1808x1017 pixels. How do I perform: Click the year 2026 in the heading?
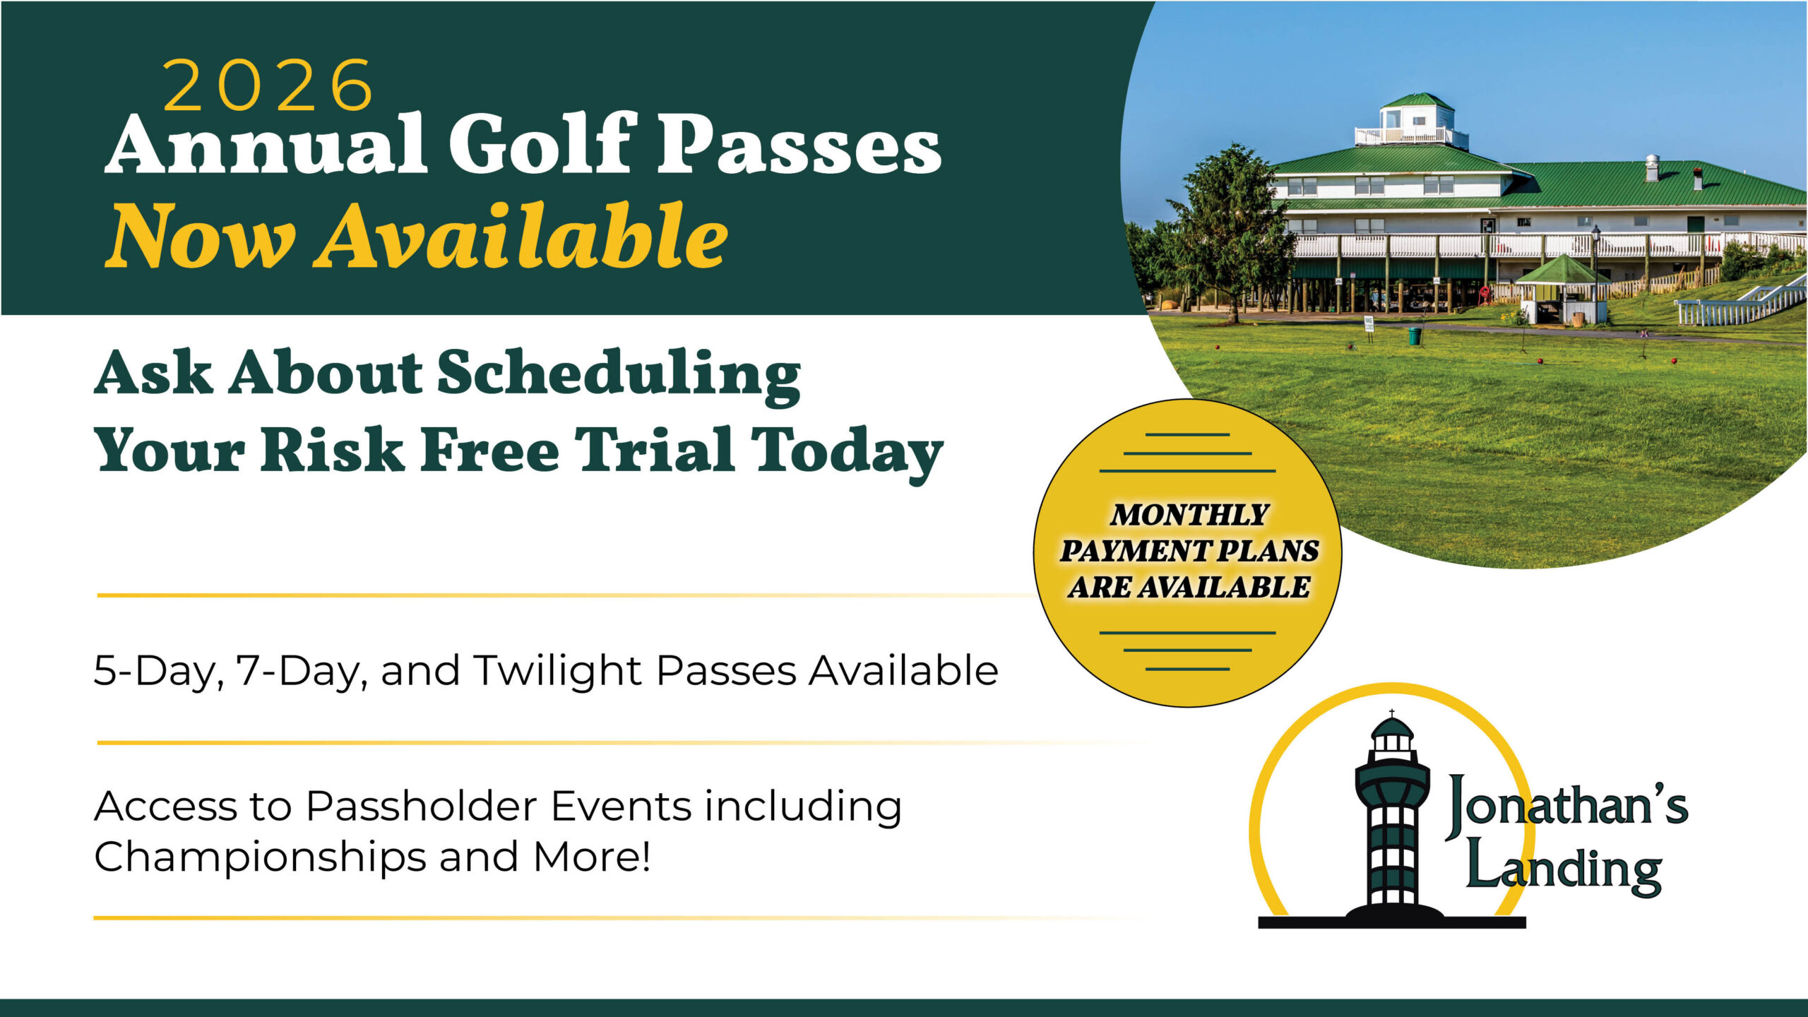tap(268, 85)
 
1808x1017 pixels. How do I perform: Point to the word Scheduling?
tap(619, 375)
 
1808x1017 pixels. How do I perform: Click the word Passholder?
tap(420, 807)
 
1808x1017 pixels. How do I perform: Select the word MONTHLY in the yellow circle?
tap(1189, 515)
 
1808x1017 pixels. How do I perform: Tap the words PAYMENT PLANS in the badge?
tap(1189, 551)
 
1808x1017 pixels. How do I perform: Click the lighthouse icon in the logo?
tap(1392, 819)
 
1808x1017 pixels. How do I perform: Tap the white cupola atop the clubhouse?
tap(1412, 121)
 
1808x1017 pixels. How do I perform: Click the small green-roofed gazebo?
tap(1563, 290)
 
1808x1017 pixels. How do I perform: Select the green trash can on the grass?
tap(1415, 335)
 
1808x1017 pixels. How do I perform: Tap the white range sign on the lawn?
tap(1369, 324)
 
